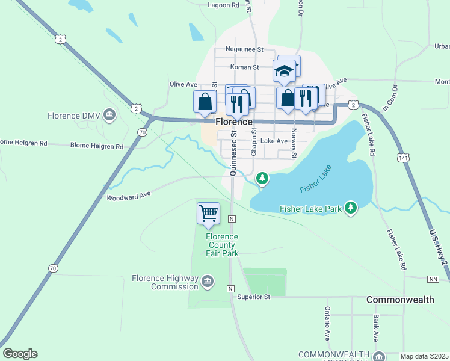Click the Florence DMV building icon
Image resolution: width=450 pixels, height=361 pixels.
(x=109, y=114)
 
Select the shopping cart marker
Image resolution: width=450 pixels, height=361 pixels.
(x=208, y=214)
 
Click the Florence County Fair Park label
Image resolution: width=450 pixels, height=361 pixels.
(x=222, y=245)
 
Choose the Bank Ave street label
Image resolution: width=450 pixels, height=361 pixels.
(x=375, y=328)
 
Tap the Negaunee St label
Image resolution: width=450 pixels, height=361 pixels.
(x=244, y=49)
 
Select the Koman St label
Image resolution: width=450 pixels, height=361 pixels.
(x=244, y=67)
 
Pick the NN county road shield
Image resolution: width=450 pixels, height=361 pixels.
(x=433, y=279)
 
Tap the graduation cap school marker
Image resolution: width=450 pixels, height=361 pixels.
(x=284, y=71)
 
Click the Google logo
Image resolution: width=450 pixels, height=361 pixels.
(x=20, y=354)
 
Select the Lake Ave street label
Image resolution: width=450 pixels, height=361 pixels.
(x=274, y=141)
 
